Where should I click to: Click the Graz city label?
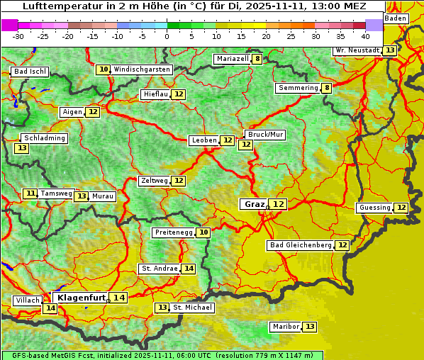(254, 204)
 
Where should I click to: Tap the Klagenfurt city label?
(82, 298)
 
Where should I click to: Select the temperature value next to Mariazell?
(257, 59)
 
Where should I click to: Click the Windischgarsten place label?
(142, 69)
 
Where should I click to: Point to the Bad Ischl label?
(30, 72)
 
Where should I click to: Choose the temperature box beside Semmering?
(326, 88)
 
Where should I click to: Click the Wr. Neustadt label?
(357, 51)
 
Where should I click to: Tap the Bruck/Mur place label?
(265, 135)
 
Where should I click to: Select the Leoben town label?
(204, 140)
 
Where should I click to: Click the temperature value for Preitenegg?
(203, 232)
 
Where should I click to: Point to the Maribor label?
(285, 327)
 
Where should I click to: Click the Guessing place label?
(375, 208)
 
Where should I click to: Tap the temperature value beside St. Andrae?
(189, 269)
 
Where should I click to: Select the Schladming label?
(44, 138)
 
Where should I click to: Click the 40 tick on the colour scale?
(365, 36)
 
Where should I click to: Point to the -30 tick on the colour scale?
(18, 36)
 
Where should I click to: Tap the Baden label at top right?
(396, 18)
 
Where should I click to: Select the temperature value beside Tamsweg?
(30, 193)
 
